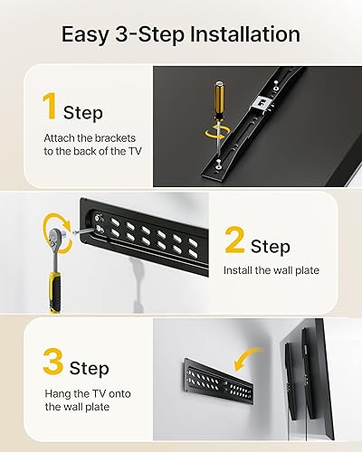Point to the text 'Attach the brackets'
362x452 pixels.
[87, 137]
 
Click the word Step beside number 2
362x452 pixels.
[270, 246]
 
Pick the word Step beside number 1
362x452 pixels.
[82, 113]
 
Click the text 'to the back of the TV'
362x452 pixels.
[87, 151]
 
